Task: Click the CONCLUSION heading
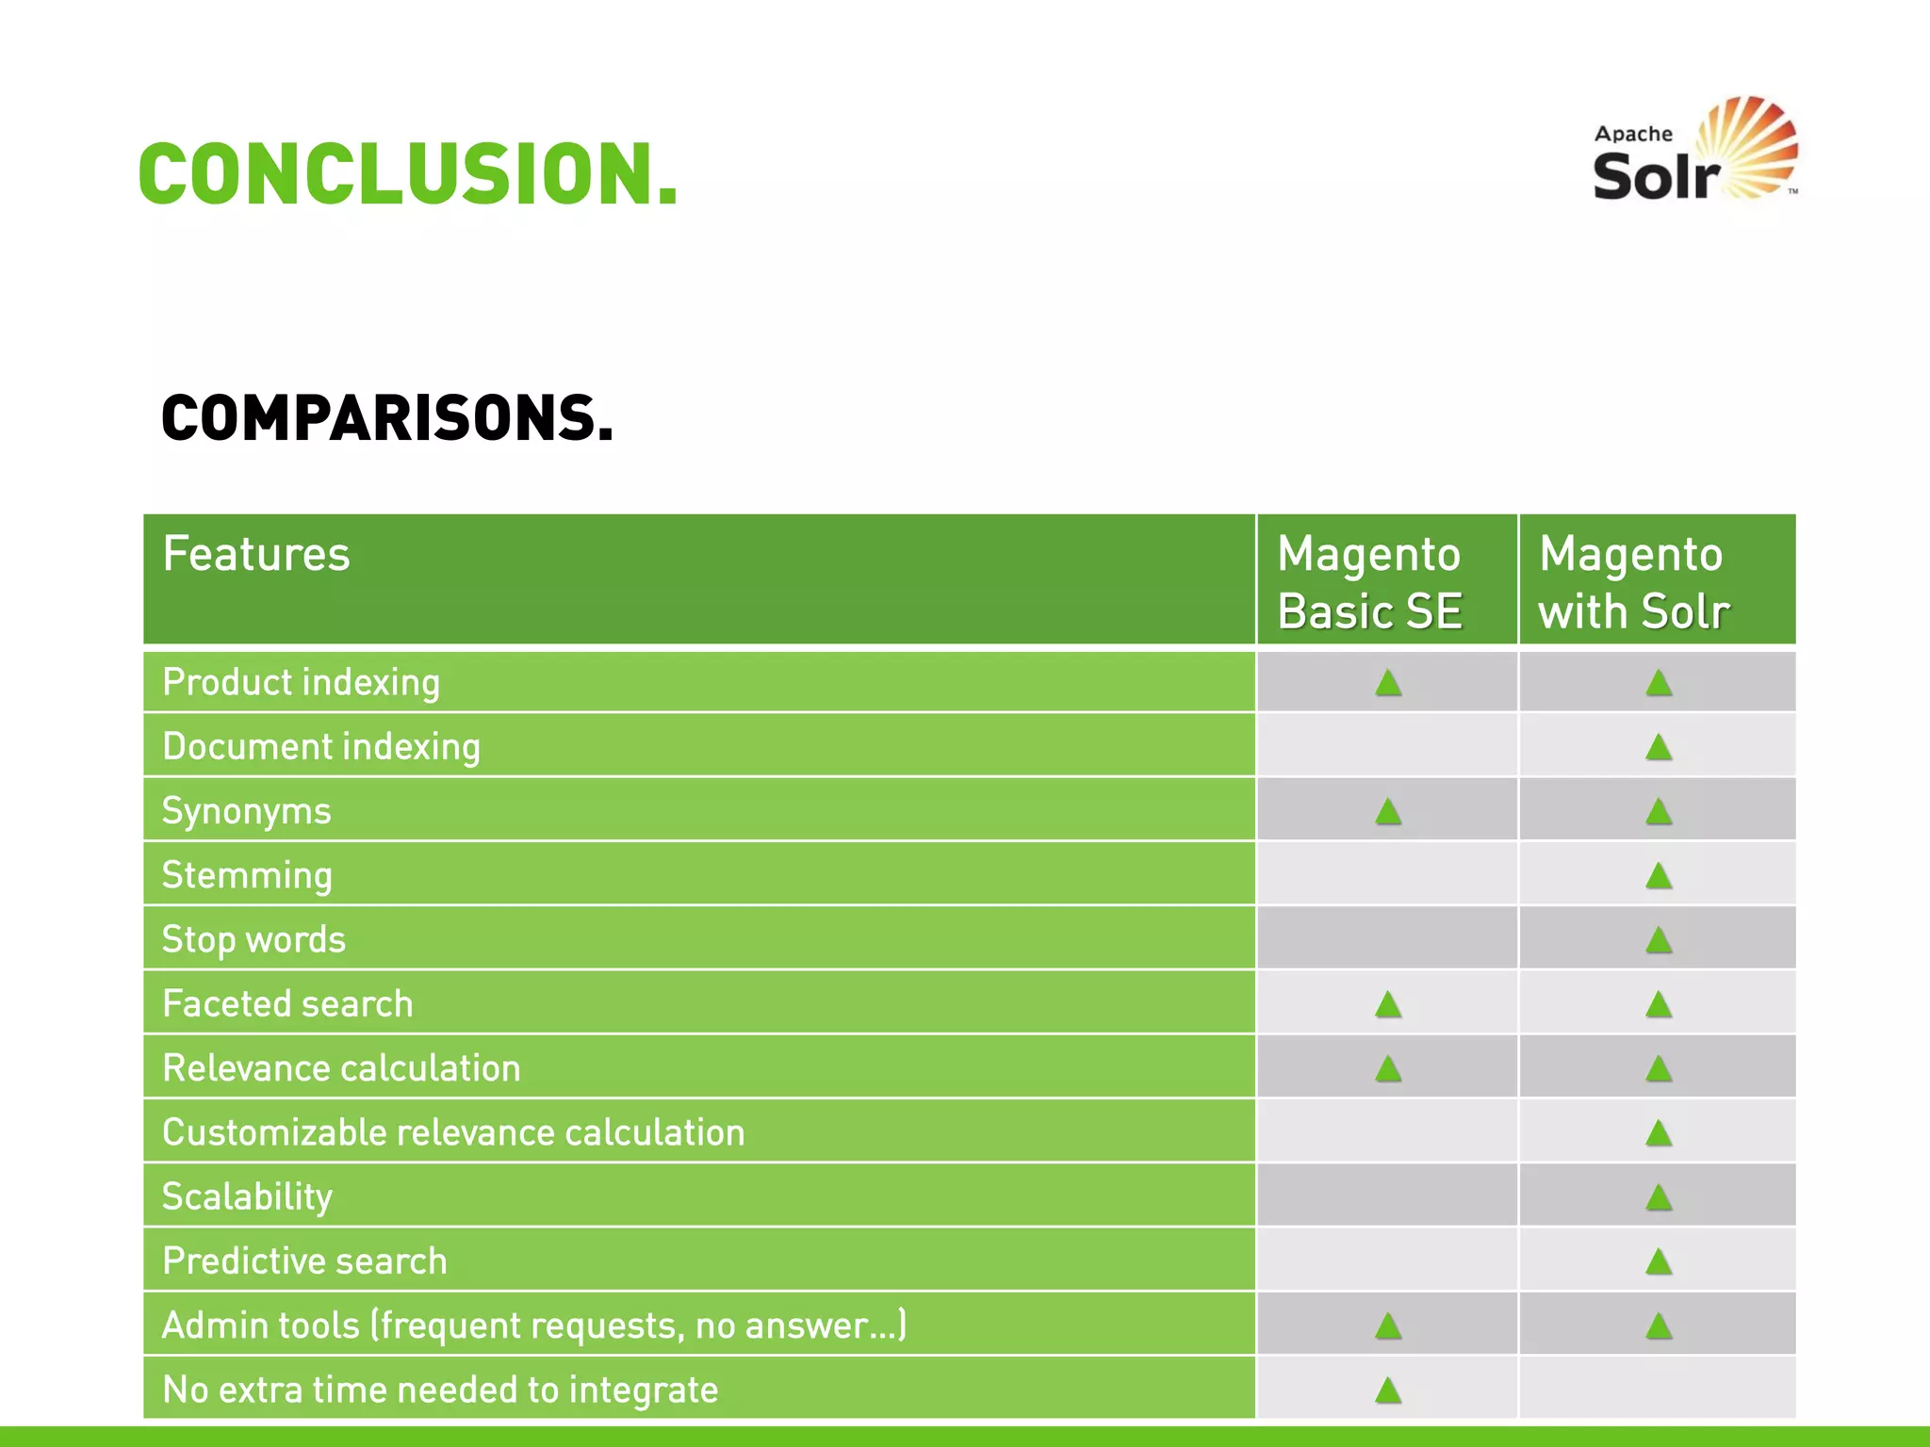(407, 174)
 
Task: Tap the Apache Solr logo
(1694, 151)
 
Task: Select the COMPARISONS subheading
(386, 418)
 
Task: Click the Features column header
(256, 554)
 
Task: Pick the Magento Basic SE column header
(1368, 581)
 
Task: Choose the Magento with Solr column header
(1634, 581)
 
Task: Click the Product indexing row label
(301, 682)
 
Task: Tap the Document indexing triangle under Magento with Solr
(1658, 748)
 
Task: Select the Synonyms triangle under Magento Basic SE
(1387, 811)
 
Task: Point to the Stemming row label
(247, 875)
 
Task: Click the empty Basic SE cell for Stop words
(1387, 938)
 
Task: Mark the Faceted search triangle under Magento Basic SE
(1387, 1004)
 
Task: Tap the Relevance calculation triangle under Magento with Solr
(1658, 1068)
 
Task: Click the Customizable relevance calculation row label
(453, 1132)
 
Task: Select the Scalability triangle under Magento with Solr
(1658, 1197)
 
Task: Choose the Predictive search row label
(304, 1261)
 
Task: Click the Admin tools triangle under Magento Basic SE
(1387, 1326)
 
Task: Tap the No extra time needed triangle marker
(1387, 1390)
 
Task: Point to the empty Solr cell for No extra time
(1658, 1389)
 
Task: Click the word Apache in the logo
(1632, 134)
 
